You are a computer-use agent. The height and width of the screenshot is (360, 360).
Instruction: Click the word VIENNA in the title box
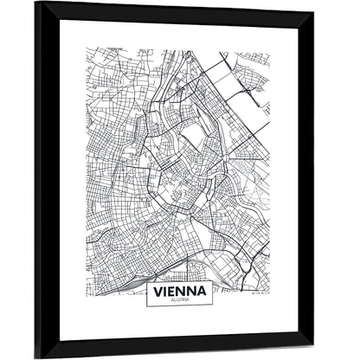pos(179,292)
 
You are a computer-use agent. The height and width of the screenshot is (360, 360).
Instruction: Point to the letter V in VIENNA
pos(157,292)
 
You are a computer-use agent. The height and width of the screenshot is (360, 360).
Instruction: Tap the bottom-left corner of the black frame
pos(39,356)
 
